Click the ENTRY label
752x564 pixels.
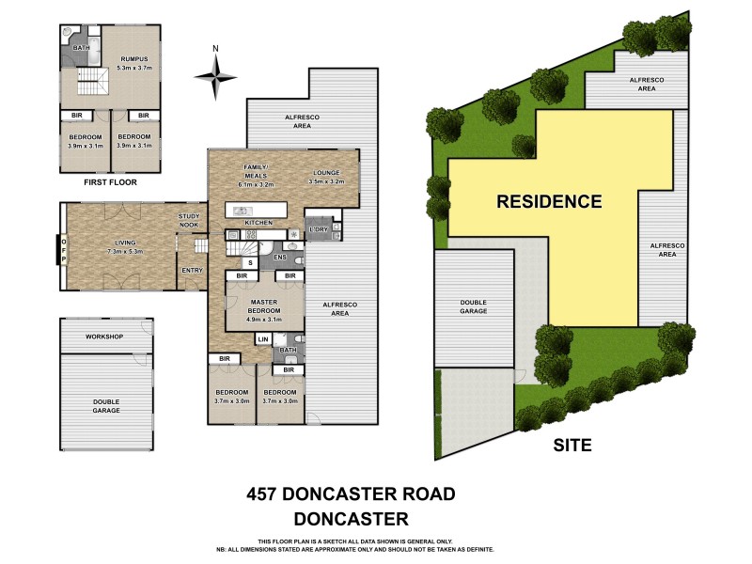(192, 271)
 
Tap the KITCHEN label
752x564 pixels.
(258, 223)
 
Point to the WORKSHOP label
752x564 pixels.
(104, 337)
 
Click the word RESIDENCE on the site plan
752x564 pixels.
(548, 201)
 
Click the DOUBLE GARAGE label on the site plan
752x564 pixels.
(473, 306)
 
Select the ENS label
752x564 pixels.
(279, 256)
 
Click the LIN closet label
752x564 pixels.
(263, 338)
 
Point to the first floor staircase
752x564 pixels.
(92, 83)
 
